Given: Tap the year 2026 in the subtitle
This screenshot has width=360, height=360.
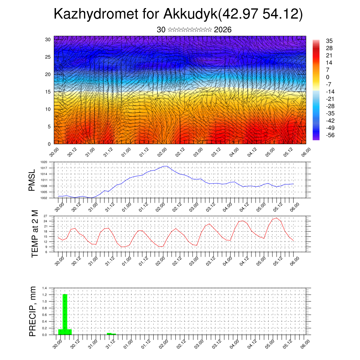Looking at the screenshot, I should (223, 30).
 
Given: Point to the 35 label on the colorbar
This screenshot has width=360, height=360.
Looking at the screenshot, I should (329, 41).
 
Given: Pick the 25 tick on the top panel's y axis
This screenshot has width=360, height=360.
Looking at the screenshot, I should (48, 57).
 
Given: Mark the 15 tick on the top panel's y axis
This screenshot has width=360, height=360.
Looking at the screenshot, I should (48, 92).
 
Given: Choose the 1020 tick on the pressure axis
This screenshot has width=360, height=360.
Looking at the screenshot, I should (44, 162).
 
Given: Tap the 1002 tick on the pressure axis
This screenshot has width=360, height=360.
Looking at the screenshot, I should (44, 198).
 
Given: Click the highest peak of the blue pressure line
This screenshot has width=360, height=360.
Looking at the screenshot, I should (165, 166).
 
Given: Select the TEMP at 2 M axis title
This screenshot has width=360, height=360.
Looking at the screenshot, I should (34, 234).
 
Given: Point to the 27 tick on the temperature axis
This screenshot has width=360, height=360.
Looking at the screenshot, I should (45, 216).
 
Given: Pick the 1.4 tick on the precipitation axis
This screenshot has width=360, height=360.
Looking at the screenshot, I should (45, 288).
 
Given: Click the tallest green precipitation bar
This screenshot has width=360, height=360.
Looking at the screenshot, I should (65, 313).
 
